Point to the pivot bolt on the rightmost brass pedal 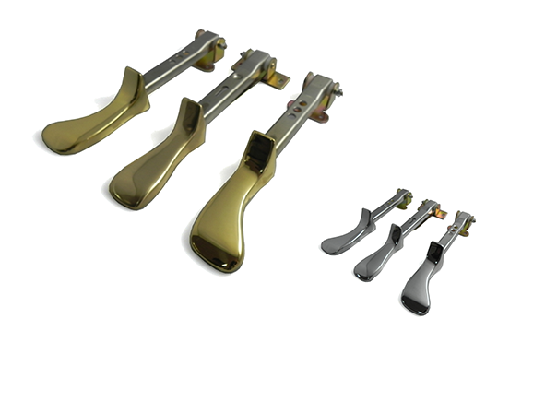pos(338,90)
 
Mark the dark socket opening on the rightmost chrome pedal pos(433,249)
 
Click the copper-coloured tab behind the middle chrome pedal pos(440,213)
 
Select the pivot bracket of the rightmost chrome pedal pos(463,221)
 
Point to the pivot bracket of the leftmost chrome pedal pos(403,195)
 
